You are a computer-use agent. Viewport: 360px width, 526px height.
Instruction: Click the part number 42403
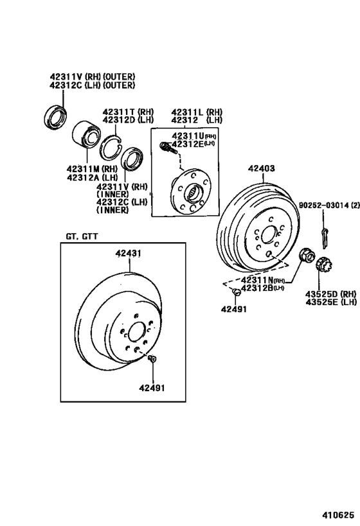261,168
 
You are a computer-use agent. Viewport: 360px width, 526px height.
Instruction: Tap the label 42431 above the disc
129,254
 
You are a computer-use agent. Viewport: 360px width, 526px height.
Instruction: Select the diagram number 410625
339,515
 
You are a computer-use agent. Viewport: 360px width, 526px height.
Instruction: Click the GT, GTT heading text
82,237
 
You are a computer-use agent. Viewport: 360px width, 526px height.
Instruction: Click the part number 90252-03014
324,206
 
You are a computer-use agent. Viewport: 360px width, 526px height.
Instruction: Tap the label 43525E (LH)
331,302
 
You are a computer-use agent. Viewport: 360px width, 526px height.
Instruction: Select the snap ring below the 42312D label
111,147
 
